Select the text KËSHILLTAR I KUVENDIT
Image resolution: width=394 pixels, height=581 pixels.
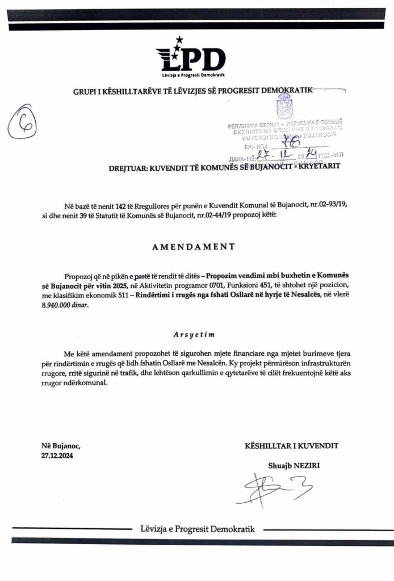[291, 446]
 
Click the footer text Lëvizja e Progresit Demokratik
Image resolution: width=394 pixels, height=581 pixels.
[197, 529]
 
